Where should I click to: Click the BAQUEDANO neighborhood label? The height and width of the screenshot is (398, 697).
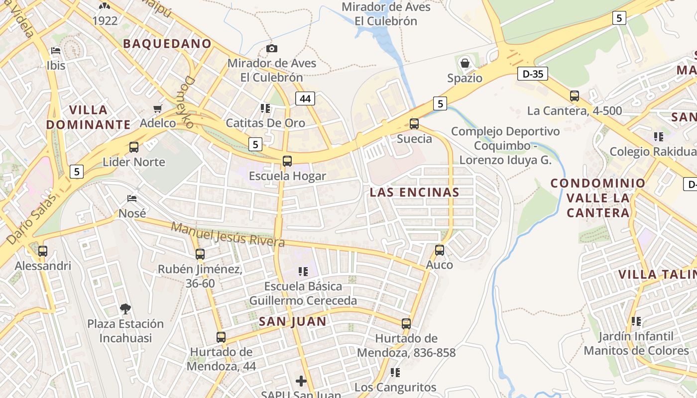tap(167, 44)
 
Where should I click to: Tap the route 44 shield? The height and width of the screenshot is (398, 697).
tap(305, 99)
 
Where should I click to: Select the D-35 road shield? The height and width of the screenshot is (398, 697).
tap(532, 74)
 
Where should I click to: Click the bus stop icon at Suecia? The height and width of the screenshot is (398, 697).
tap(414, 124)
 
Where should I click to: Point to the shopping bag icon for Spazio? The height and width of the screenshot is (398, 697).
tap(465, 63)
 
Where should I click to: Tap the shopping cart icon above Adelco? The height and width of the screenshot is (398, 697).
tap(158, 108)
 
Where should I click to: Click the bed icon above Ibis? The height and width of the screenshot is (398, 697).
tap(56, 51)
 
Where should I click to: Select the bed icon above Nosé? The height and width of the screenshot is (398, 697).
tap(132, 199)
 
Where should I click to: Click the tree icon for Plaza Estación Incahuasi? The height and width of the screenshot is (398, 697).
tap(125, 309)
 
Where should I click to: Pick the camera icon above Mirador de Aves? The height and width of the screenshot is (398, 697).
tap(271, 48)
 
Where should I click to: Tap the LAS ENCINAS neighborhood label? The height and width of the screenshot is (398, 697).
tap(414, 193)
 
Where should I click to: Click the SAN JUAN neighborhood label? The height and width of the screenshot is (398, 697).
tap(292, 321)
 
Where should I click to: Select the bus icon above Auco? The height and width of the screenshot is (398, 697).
tap(439, 250)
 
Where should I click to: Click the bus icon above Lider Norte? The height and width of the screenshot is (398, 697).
tap(133, 147)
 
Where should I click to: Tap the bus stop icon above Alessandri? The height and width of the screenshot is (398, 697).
tap(43, 251)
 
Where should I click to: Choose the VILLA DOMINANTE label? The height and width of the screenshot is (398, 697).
tap(89, 117)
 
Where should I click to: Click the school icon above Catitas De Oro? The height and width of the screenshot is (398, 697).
tap(265, 108)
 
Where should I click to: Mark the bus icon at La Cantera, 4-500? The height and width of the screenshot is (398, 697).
tap(575, 96)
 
